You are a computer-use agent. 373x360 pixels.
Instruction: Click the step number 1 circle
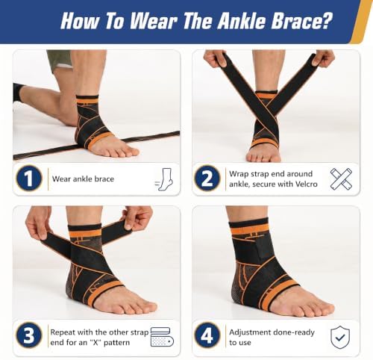coord(29,179)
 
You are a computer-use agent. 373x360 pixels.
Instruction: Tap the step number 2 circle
coord(207,179)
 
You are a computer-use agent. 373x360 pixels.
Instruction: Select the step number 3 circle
coord(29,335)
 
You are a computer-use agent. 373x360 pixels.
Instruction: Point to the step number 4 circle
coord(207,335)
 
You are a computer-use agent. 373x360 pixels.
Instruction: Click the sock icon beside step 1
coord(164,179)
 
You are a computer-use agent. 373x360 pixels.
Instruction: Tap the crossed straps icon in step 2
coord(341,179)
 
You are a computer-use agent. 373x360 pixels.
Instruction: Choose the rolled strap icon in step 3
coord(162,337)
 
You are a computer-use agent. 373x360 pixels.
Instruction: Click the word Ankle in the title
coord(241,21)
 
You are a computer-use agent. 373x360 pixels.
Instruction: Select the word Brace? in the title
coord(301,21)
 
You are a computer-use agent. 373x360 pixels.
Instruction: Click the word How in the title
coord(80,21)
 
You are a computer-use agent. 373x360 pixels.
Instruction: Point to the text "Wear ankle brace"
coord(83,179)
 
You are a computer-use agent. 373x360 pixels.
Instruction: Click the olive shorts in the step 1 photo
coord(60,60)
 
